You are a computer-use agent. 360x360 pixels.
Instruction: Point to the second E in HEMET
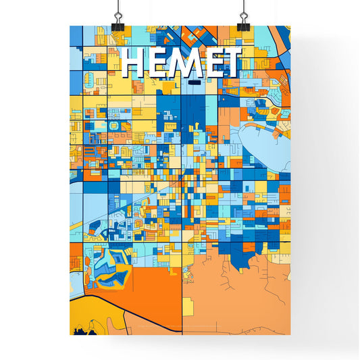tap(213, 63)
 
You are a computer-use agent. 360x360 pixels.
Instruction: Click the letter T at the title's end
tap(232, 63)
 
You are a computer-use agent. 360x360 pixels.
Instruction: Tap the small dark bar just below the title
tap(196, 82)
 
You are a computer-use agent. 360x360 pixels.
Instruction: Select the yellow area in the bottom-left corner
tap(84, 314)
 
